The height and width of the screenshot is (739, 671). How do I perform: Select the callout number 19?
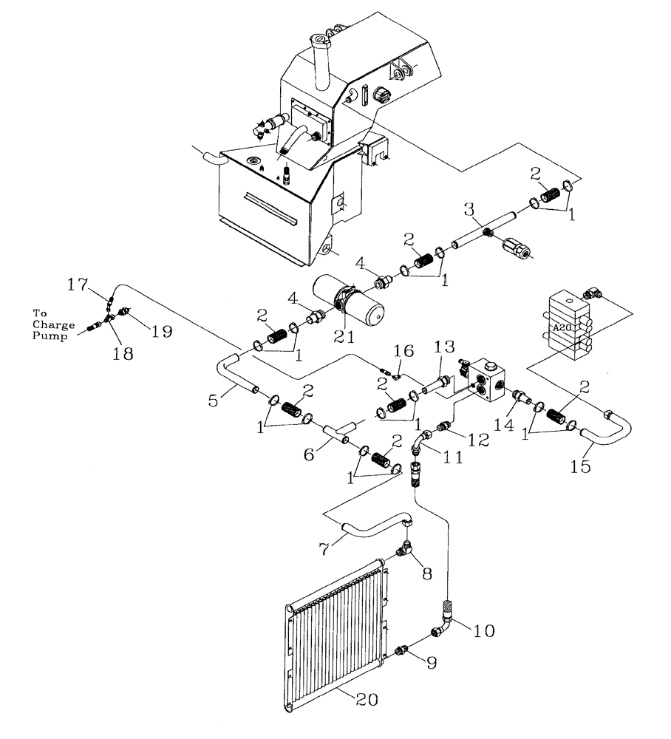[x=162, y=331]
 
